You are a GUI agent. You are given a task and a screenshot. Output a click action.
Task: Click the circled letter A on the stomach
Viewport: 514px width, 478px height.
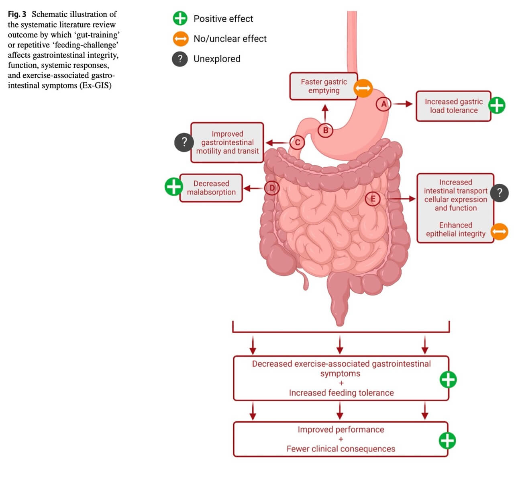click(384, 104)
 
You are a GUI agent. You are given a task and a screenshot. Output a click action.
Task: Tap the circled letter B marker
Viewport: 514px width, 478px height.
click(325, 130)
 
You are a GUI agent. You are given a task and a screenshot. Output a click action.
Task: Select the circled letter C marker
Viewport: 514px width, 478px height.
click(297, 142)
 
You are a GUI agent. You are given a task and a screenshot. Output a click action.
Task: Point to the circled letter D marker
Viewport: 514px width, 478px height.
click(272, 188)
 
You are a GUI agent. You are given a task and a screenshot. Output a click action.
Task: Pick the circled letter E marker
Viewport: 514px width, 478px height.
click(373, 199)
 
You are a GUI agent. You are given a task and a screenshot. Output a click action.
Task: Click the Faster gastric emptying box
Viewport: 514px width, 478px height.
click(323, 86)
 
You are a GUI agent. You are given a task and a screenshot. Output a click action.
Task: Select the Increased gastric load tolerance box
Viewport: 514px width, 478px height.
click(453, 106)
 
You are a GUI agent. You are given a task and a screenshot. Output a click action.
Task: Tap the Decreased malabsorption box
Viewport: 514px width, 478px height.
click(211, 188)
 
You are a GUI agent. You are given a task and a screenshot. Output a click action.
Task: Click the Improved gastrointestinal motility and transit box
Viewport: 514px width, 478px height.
click(227, 142)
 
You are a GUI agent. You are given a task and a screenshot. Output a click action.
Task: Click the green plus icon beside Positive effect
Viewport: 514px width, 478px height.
click(180, 18)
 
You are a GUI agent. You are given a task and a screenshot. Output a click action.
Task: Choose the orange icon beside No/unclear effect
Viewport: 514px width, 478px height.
click(180, 39)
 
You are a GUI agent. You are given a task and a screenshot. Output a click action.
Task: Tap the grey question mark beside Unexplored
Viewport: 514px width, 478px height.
click(180, 59)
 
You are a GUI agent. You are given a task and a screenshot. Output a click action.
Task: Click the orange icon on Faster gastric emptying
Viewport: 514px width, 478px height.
click(363, 88)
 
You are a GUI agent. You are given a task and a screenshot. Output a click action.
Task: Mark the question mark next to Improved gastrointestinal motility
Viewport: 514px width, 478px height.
click(184, 142)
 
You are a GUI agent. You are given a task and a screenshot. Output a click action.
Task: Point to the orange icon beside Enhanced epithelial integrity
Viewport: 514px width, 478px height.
click(499, 232)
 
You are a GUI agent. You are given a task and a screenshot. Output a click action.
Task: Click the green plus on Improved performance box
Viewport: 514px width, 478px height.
click(447, 441)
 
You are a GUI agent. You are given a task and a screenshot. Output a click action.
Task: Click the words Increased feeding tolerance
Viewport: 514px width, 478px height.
click(341, 393)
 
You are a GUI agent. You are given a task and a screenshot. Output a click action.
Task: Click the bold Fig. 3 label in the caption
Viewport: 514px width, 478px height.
click(17, 14)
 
